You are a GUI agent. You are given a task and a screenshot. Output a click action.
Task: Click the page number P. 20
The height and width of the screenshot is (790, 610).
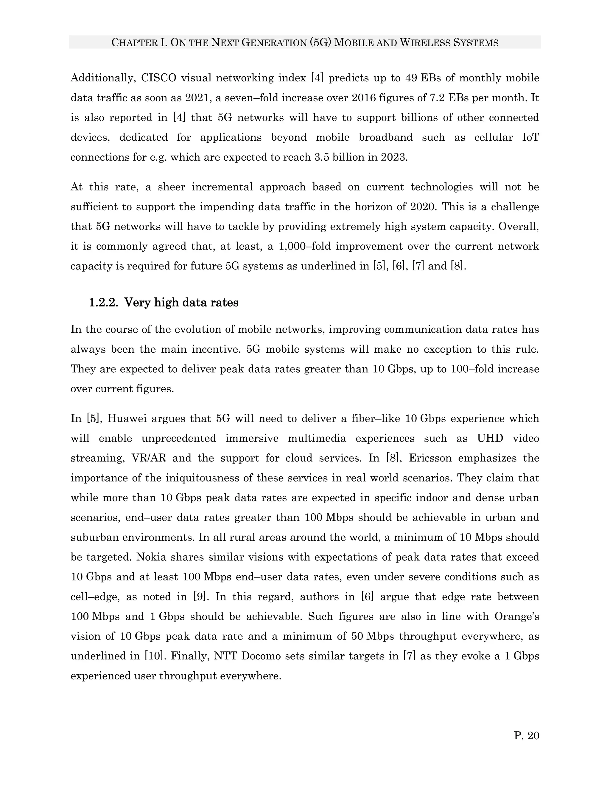click(526, 735)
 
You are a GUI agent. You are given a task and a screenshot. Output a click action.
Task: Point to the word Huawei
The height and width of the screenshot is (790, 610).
click(127, 419)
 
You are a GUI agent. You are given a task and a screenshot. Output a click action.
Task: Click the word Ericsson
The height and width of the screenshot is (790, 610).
click(430, 458)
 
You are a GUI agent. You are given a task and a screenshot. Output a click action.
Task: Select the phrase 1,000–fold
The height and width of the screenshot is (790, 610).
click(303, 246)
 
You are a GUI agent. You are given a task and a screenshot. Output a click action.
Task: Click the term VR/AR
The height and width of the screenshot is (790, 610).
click(149, 458)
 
